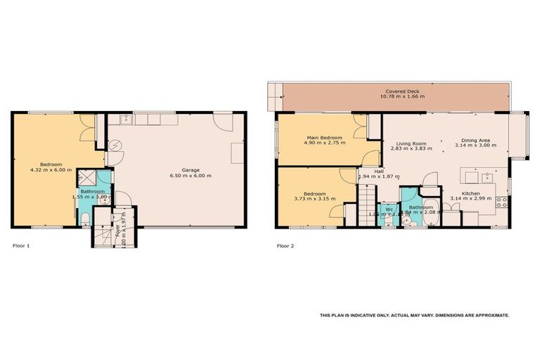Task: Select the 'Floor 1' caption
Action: click(x=22, y=246)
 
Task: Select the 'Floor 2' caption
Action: click(x=285, y=246)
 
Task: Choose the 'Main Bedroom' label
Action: click(x=323, y=137)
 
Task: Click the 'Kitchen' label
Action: click(x=471, y=193)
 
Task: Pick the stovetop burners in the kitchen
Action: click(x=502, y=202)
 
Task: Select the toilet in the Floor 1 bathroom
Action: click(x=85, y=221)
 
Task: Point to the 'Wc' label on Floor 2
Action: click(x=388, y=208)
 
